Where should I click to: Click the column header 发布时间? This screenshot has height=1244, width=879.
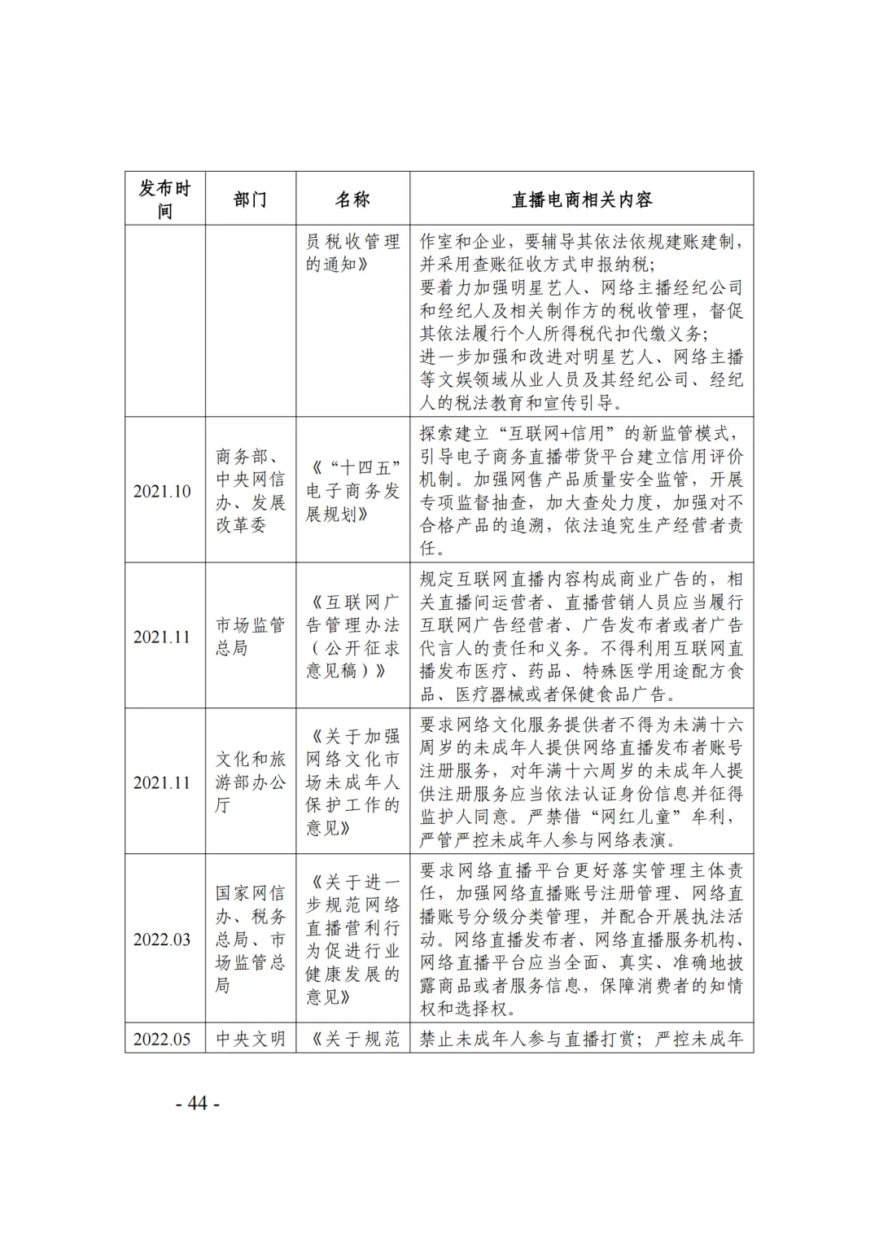point(164,199)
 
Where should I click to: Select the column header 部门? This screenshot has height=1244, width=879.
point(250,199)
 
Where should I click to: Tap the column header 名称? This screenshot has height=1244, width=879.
point(352,199)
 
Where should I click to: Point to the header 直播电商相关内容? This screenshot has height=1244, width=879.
point(581,199)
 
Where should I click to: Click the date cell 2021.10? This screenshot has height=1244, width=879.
point(162,491)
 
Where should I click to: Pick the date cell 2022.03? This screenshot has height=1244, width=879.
point(162,939)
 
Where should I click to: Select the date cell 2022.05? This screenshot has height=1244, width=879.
point(162,1039)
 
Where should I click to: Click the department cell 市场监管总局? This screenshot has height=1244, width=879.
point(250,637)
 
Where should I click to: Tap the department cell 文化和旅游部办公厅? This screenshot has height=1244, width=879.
point(250,782)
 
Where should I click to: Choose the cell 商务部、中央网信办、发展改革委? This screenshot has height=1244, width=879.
point(250,491)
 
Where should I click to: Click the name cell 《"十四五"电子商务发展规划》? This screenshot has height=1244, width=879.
point(352,491)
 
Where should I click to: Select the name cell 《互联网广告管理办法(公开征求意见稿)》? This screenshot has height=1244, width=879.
point(352,637)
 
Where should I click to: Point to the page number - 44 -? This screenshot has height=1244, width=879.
point(198,1103)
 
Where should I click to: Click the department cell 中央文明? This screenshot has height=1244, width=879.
point(250,1039)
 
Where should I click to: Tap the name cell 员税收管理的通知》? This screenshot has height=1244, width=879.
point(352,253)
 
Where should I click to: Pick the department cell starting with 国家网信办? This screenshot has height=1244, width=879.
point(250,939)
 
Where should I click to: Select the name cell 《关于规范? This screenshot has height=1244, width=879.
point(352,1039)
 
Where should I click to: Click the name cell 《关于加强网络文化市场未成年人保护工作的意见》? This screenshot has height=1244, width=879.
point(352,782)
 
